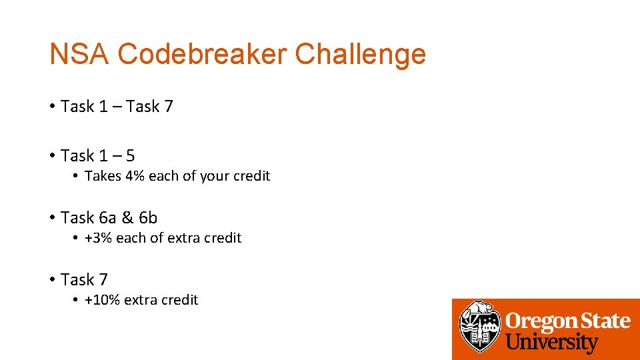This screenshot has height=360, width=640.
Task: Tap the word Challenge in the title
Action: click(x=361, y=54)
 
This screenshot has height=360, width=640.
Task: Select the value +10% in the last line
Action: click(x=102, y=300)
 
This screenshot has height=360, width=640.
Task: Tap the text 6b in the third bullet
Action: click(x=148, y=217)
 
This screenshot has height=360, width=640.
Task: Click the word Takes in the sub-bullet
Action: click(x=103, y=176)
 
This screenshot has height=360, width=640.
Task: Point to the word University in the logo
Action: click(x=551, y=343)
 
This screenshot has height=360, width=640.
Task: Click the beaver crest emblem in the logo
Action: click(x=478, y=327)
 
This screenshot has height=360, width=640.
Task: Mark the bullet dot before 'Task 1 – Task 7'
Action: click(x=51, y=107)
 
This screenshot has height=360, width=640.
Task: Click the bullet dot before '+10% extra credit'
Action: click(x=76, y=300)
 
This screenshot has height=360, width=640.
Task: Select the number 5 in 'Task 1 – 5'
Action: click(x=129, y=156)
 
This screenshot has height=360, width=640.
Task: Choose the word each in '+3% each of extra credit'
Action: click(x=131, y=238)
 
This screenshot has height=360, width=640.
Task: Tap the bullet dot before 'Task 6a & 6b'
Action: click(x=51, y=218)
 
